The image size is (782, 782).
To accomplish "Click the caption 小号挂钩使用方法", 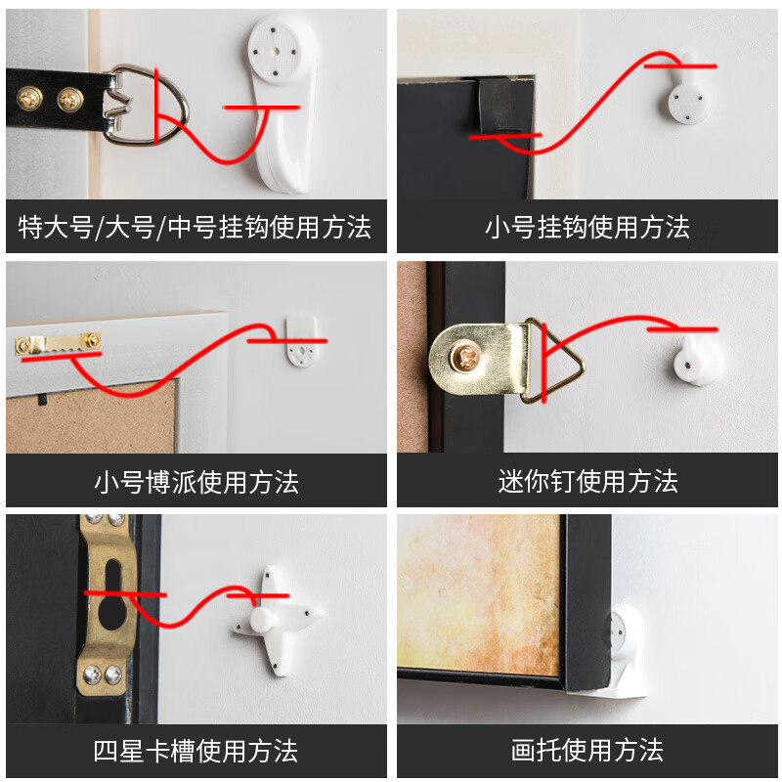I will (x=586, y=228).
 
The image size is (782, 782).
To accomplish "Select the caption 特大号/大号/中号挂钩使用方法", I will (x=195, y=228).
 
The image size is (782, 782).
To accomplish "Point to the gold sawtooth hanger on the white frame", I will (x=58, y=342).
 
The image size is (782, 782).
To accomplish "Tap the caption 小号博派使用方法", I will (x=195, y=482).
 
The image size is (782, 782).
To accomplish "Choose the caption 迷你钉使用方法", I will (x=586, y=482).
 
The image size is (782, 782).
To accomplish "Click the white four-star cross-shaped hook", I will (x=273, y=617).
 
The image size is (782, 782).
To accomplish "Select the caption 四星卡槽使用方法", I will (x=195, y=751).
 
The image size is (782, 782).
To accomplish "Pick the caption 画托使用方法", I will (x=586, y=751).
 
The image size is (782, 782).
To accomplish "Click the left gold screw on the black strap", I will (x=28, y=97).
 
